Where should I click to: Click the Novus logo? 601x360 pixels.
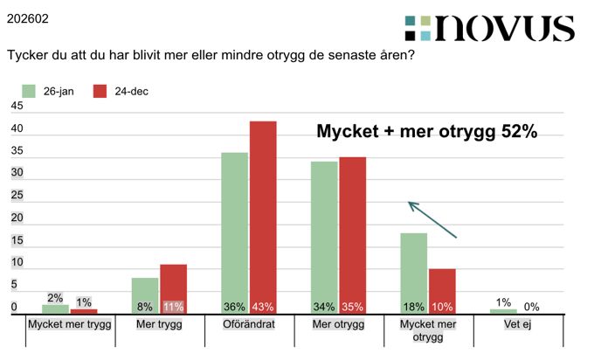(489, 28)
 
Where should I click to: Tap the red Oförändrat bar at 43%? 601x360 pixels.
(263, 214)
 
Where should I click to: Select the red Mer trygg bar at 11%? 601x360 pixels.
(173, 287)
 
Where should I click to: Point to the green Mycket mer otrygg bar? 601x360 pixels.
(414, 271)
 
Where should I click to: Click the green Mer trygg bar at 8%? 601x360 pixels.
(145, 294)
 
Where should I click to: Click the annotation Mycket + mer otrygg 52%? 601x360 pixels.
(426, 132)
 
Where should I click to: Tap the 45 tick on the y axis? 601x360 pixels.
(17, 107)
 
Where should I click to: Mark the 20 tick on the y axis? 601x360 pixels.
(17, 218)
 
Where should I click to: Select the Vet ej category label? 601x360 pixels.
(518, 324)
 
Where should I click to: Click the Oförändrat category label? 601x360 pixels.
(249, 324)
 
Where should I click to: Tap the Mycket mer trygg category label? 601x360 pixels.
(70, 324)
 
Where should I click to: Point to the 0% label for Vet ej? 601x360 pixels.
(531, 307)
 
